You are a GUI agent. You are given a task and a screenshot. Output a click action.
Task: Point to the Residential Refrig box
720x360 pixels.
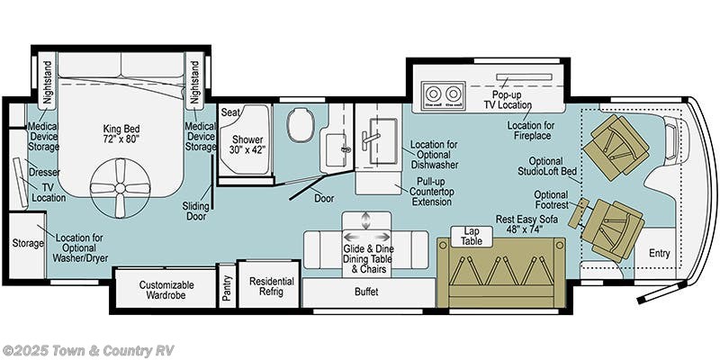point(271,286)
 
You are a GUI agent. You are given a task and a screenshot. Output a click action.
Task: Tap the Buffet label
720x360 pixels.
point(366,292)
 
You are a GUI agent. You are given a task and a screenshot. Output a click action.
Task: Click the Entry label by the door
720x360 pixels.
point(659,254)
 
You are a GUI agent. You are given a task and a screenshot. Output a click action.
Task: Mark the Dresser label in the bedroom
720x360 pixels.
point(44,171)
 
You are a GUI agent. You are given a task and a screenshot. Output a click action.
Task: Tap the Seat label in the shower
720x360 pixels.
point(230,112)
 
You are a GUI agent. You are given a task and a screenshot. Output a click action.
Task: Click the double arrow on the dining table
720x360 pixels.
point(365,221)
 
